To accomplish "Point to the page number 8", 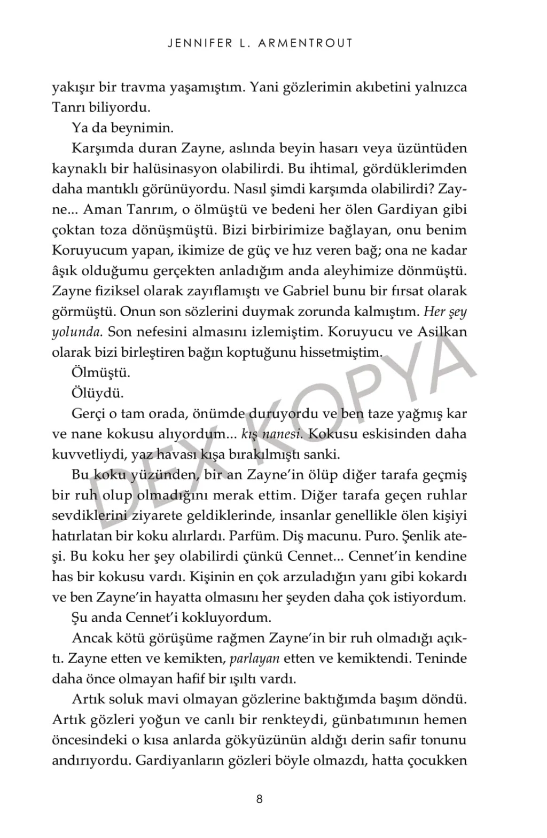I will pos(260,799).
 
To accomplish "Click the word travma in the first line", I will pos(141,87).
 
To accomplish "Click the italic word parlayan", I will pos(254,658).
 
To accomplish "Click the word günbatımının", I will pos(378,719).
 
